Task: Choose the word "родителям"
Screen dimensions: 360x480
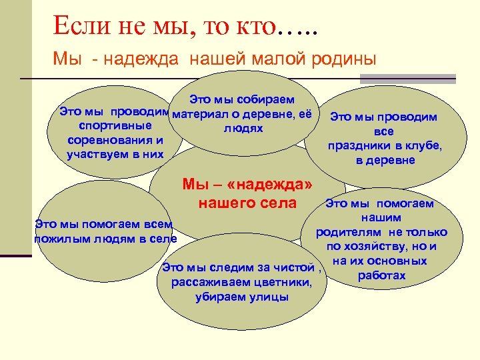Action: click(350, 232)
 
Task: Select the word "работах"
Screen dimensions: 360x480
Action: click(381, 275)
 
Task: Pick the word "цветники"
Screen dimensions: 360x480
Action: click(282, 283)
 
